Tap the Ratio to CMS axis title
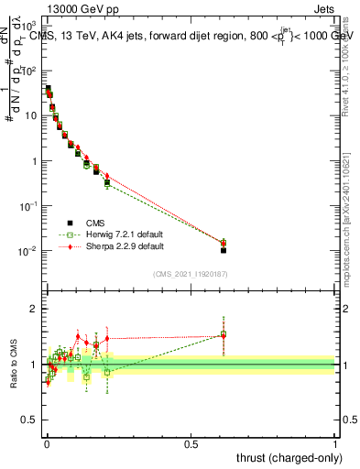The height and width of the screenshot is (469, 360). coord(13,365)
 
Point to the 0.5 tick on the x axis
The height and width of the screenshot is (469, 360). coord(191,442)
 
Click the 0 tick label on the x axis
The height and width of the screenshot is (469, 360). coord(47,442)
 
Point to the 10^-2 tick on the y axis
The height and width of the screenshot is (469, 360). coord(30,251)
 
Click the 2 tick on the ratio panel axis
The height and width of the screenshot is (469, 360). coord(35,309)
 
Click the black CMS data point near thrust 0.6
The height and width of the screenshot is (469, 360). coord(224,250)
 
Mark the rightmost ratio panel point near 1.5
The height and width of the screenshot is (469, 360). coord(224,335)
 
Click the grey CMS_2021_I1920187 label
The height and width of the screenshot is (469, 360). coord(191,274)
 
